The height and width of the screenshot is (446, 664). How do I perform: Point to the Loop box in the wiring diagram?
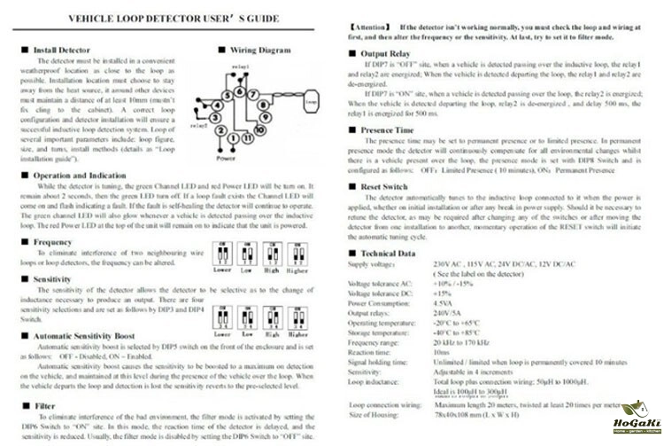pyautogui.click(x=309, y=103)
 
